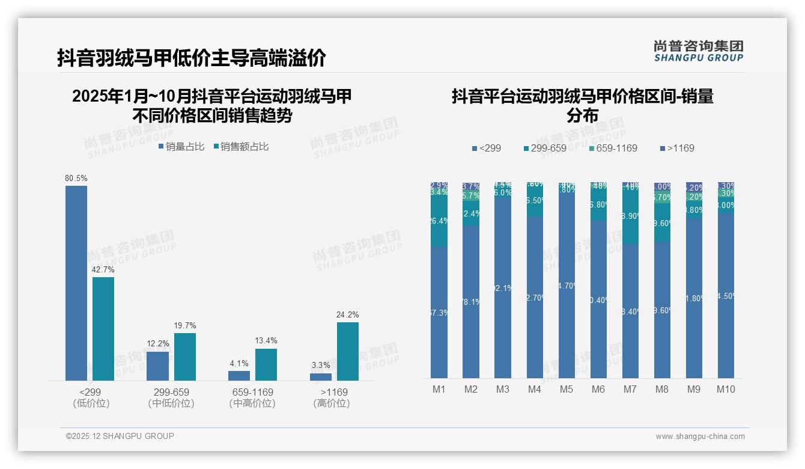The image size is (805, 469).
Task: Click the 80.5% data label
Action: pos(76,179)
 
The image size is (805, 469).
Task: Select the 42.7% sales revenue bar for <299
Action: pos(103,328)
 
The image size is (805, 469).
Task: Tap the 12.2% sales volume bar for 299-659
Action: pos(158,366)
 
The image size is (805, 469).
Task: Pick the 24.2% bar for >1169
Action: pos(348,351)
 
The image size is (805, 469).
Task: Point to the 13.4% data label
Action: pos(266,341)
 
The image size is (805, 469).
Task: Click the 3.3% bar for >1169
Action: pos(321,376)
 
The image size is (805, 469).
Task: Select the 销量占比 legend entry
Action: pos(181,147)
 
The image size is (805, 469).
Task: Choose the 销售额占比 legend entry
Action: pos(241,147)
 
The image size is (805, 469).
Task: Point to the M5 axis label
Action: pos(567,389)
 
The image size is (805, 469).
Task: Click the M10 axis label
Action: pos(726,389)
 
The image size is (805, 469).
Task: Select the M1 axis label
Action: pos(439,389)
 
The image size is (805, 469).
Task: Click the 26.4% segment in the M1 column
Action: pos(439,221)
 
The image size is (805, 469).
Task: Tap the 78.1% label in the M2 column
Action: pos(471,302)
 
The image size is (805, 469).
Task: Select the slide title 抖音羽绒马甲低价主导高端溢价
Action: pos(192,58)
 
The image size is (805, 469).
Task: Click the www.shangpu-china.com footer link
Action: pos(700,437)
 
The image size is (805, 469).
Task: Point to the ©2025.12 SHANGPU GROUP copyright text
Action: pos(120,436)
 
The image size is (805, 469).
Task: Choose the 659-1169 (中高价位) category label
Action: pos(252,397)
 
